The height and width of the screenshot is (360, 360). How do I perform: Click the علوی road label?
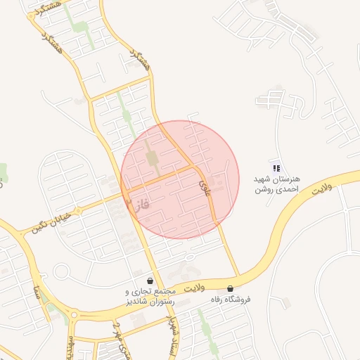(x=204, y=185)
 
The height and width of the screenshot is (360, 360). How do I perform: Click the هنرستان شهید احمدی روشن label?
(x=278, y=184)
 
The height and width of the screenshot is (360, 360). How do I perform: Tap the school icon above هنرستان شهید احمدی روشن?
(x=277, y=168)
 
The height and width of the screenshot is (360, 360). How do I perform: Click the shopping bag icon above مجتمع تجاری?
(x=150, y=281)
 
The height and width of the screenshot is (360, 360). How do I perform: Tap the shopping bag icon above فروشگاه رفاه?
(x=231, y=288)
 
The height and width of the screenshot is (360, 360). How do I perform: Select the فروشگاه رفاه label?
(x=231, y=300)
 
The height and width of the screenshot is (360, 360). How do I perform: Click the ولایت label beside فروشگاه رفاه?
(x=193, y=288)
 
